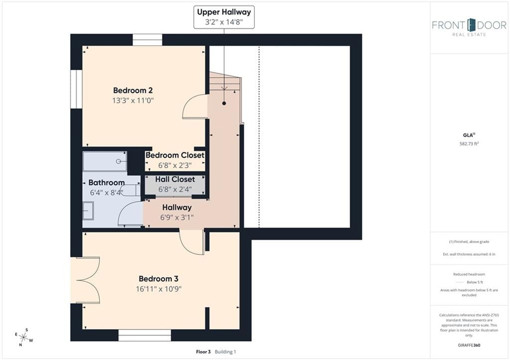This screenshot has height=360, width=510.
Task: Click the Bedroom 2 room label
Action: (x=132, y=91)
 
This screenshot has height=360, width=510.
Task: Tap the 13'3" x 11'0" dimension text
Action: (x=132, y=101)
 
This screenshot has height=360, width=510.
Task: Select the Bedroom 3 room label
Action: (x=158, y=279)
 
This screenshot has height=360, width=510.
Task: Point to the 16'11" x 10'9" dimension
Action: (x=159, y=289)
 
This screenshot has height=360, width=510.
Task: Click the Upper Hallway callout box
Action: (x=224, y=17)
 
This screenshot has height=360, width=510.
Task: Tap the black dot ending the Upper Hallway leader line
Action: (x=224, y=104)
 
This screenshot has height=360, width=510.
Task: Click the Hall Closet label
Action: (x=175, y=179)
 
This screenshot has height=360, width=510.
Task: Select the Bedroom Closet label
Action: (x=175, y=155)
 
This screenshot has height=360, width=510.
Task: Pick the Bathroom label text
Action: (x=107, y=182)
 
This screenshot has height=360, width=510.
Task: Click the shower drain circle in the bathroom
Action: (x=119, y=161)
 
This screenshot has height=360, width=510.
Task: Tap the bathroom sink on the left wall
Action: (x=88, y=211)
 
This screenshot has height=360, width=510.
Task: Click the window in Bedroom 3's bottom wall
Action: (x=145, y=336)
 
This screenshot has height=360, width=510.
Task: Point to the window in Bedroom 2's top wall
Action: (x=147, y=40)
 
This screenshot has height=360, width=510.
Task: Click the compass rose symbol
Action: (x=24, y=337)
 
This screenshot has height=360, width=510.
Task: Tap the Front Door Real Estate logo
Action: (x=469, y=27)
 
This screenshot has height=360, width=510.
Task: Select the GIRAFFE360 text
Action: (x=469, y=345)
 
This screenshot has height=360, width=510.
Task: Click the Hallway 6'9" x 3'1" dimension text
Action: (x=177, y=217)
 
